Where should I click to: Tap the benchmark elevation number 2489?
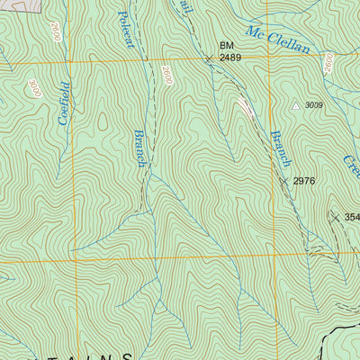(231, 58)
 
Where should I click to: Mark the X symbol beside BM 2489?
(209, 58)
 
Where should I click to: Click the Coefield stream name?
(63, 103)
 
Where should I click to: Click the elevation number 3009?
(313, 105)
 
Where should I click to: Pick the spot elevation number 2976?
(304, 181)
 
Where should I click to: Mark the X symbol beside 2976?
(283, 181)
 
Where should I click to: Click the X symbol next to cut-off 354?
(335, 217)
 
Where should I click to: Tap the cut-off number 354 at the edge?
(351, 217)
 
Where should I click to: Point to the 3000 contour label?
(34, 88)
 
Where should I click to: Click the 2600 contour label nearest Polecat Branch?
(167, 76)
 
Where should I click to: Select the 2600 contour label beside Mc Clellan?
(329, 63)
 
